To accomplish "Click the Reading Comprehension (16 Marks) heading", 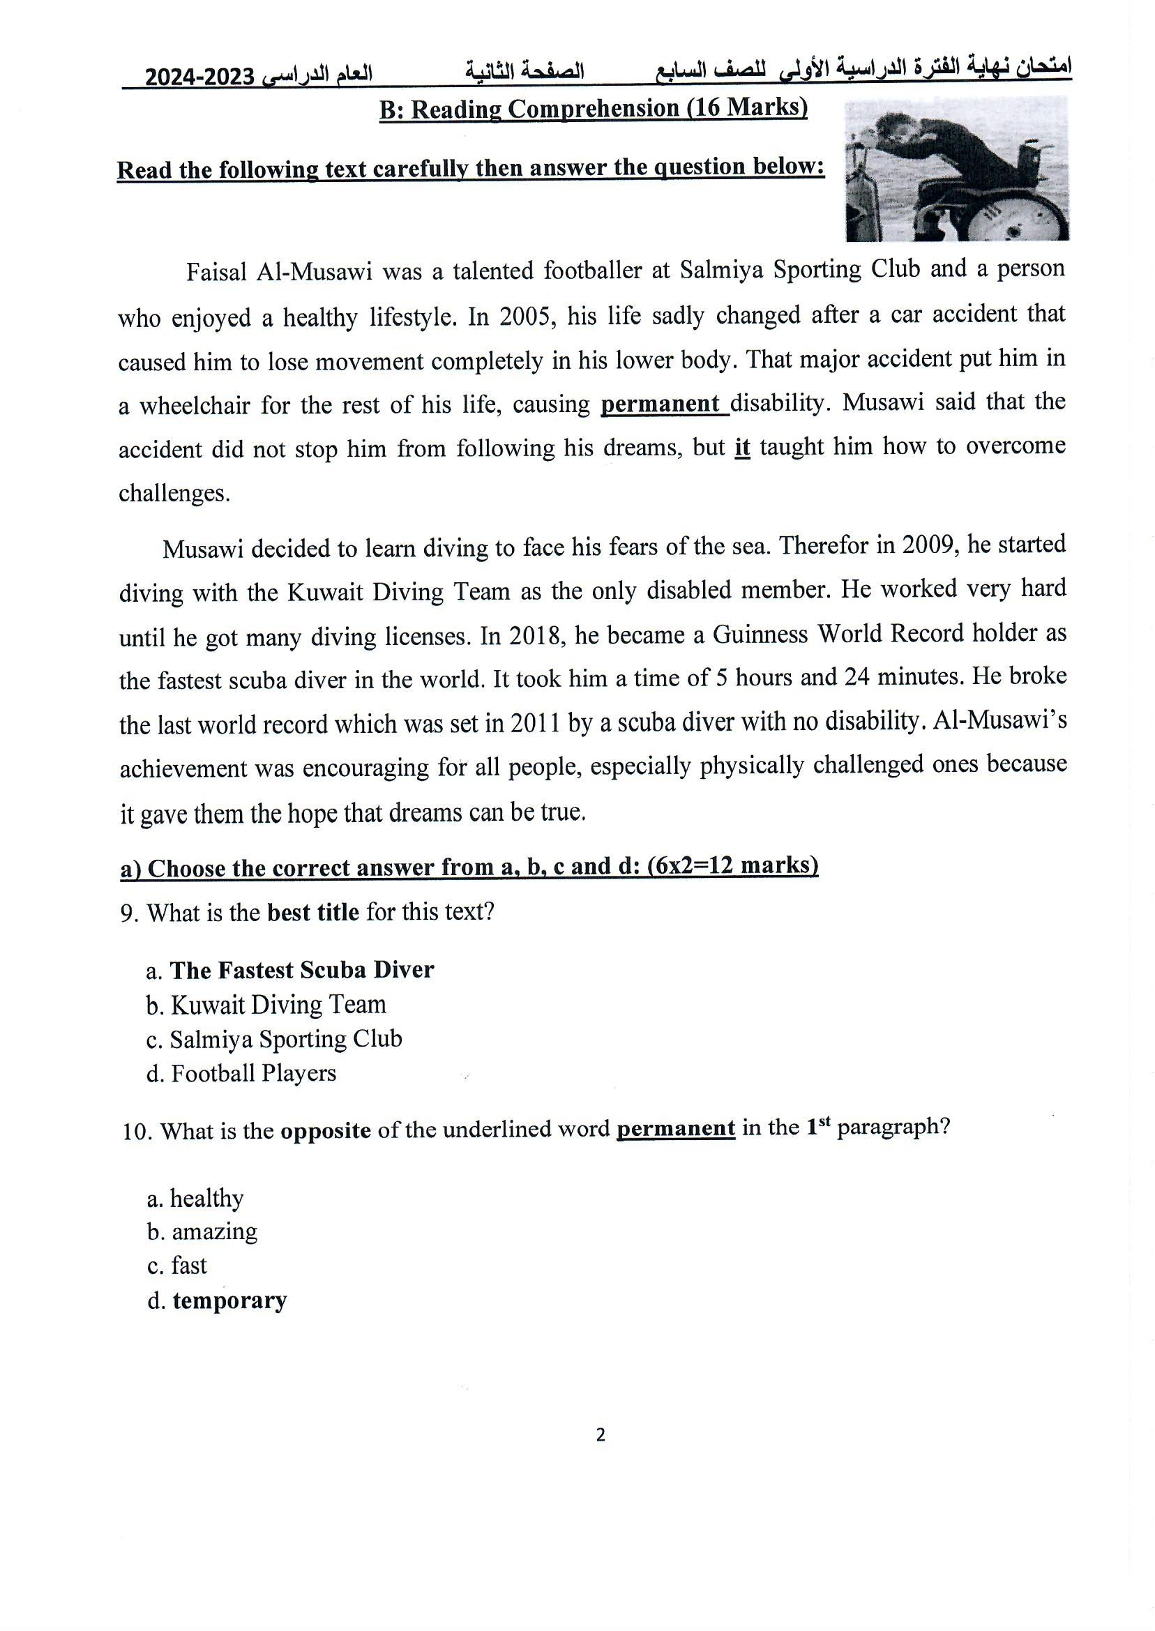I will [593, 109].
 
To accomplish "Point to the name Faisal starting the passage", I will [216, 273].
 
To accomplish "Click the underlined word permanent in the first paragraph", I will [660, 404].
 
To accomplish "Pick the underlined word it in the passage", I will [742, 448].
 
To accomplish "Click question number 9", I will [129, 913].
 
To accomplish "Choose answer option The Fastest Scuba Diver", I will [301, 971].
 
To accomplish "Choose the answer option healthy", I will [206, 1199].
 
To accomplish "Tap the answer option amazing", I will [214, 1232].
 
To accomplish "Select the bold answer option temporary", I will [229, 1300].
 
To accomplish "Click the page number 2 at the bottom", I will [601, 1436].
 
